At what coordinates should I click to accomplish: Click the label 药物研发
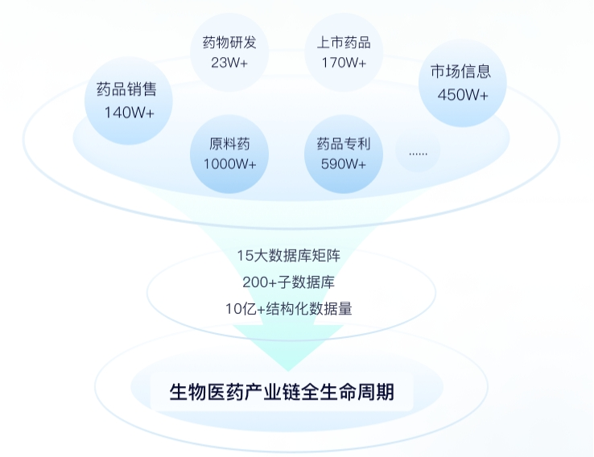(x=229, y=43)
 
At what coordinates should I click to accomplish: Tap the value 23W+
(x=229, y=63)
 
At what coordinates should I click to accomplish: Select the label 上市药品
(x=344, y=43)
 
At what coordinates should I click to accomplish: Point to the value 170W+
(x=344, y=63)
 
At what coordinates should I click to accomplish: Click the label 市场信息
(x=460, y=72)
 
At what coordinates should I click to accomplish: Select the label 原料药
(x=229, y=145)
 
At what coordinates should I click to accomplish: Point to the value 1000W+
(x=229, y=164)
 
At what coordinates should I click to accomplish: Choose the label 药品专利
(x=344, y=145)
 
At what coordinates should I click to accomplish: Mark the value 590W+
(x=344, y=164)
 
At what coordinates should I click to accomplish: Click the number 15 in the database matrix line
(x=245, y=256)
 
